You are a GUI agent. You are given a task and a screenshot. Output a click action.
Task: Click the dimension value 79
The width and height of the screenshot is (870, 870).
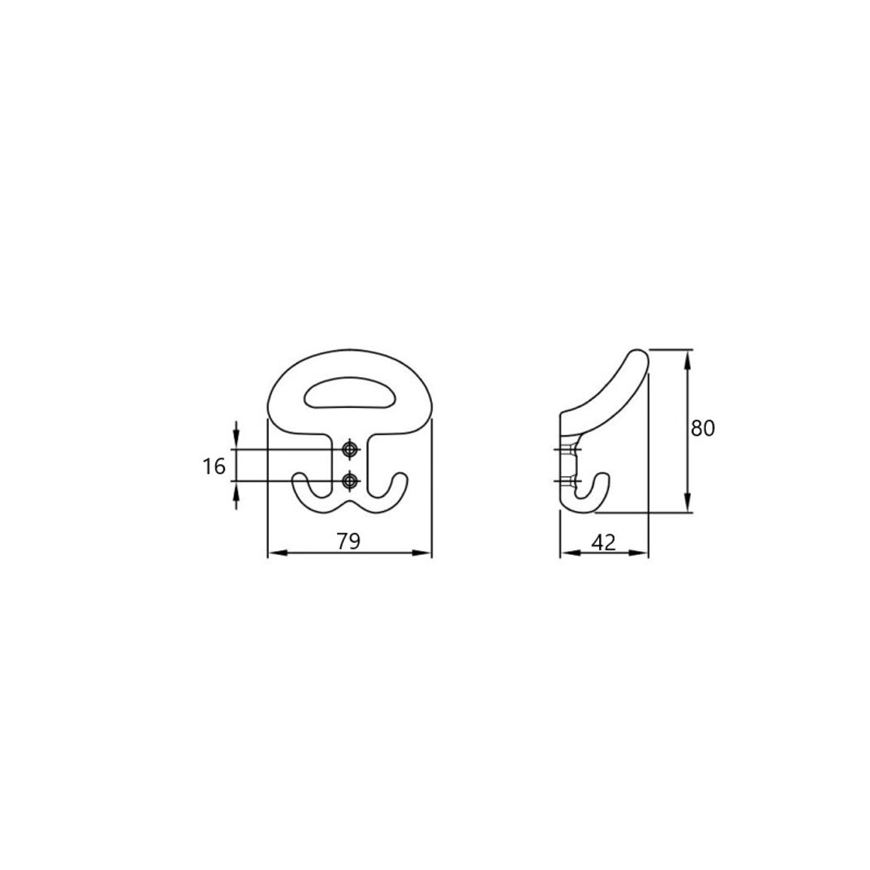349,541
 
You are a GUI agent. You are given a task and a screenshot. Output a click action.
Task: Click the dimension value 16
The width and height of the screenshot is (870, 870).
214,467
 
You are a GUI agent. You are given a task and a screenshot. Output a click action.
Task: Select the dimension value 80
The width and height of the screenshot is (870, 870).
702,428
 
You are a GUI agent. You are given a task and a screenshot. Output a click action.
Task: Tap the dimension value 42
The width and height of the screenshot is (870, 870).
604,542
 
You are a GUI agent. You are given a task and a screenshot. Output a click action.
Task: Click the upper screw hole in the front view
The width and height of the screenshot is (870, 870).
349,449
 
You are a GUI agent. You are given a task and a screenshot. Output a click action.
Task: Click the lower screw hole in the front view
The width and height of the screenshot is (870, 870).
349,480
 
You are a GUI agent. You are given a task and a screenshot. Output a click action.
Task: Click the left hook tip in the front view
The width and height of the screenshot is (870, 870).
300,476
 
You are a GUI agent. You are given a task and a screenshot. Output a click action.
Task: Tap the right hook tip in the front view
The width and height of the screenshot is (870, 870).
400,476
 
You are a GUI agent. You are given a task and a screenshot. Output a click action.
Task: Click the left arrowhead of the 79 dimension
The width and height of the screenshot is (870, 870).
275,552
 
